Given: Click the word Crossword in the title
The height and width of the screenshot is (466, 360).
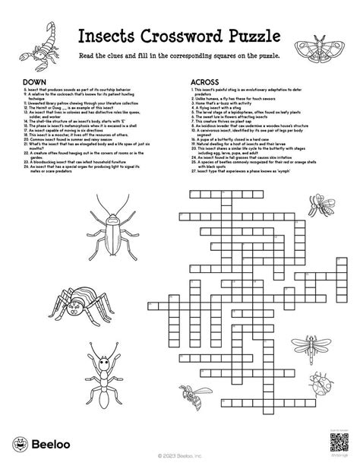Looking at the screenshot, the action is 181,37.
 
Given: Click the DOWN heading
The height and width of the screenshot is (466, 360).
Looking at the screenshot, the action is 32,81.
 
